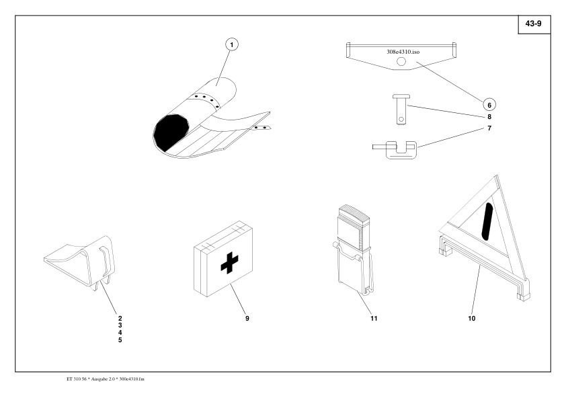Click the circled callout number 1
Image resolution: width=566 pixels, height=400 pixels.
click(x=233, y=46)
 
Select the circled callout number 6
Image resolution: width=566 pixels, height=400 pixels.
click(x=489, y=104)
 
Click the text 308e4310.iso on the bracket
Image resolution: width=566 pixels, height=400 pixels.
click(x=401, y=50)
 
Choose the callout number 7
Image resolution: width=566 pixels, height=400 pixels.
click(x=489, y=128)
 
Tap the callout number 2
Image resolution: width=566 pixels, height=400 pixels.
click(x=121, y=317)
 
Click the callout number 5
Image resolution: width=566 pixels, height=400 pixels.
click(x=121, y=340)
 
